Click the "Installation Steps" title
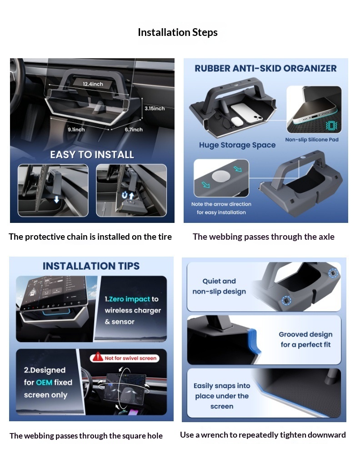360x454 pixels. [x=178, y=32]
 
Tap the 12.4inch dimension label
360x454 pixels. [x=93, y=84]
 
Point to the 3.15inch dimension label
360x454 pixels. [x=155, y=108]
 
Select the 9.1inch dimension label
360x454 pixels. [x=76, y=130]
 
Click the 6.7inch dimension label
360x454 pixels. [x=134, y=130]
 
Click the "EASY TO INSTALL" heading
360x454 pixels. [x=92, y=155]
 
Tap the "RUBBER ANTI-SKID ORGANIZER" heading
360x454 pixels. [x=265, y=68]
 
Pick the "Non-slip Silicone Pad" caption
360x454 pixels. [x=312, y=140]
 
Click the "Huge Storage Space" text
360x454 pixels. [x=237, y=145]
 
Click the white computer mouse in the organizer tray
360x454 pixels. [x=237, y=121]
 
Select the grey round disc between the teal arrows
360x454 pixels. [x=221, y=176]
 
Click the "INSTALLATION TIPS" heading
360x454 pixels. [x=91, y=266]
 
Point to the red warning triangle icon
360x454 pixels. [x=98, y=357]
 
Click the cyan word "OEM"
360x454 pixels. [x=44, y=383]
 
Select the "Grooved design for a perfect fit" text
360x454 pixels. [x=305, y=339]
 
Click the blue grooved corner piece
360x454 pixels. [x=254, y=341]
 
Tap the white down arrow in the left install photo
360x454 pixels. [x=56, y=199]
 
